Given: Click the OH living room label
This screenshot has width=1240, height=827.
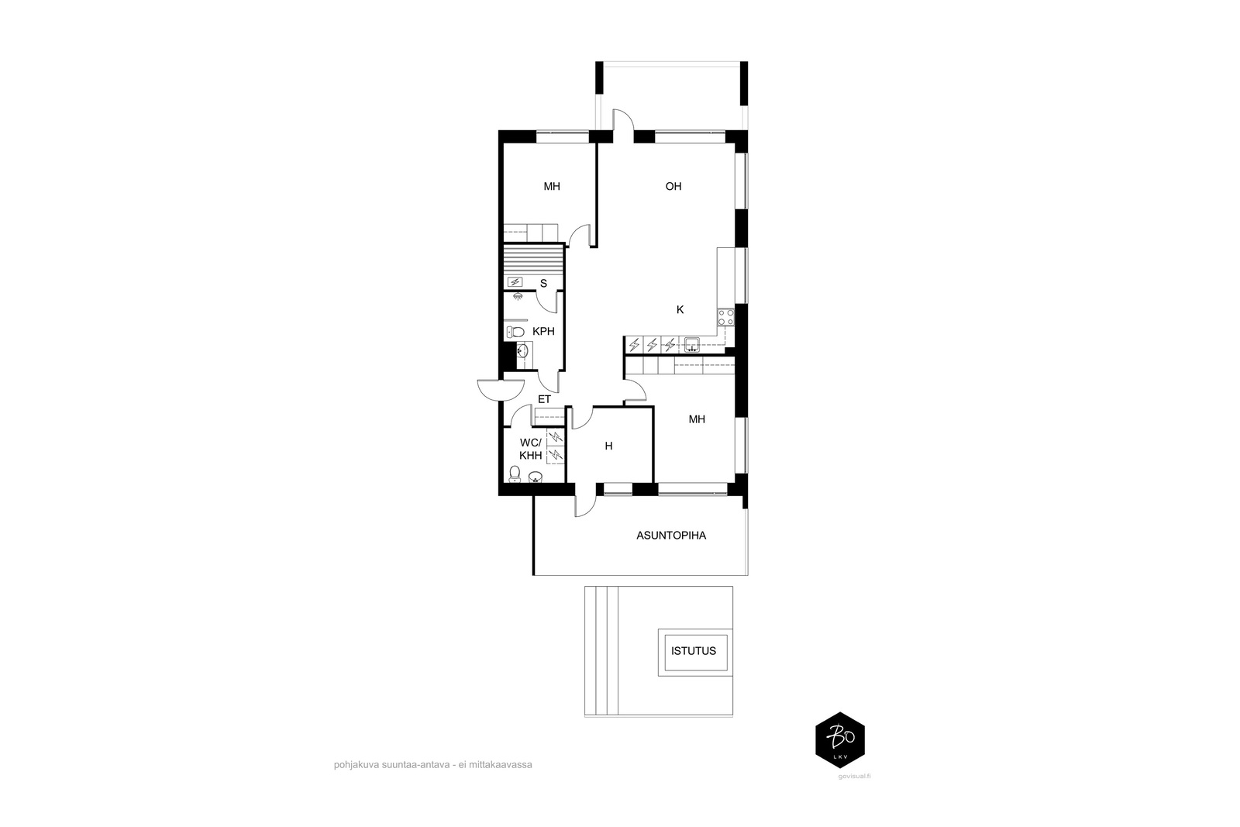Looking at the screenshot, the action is click(673, 187).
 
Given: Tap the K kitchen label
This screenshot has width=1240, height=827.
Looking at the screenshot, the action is click(680, 310).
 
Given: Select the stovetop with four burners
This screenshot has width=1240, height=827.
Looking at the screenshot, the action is click(725, 318).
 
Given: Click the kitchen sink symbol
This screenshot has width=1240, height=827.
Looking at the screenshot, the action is click(691, 345).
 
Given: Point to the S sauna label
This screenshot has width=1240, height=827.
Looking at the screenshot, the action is click(543, 284).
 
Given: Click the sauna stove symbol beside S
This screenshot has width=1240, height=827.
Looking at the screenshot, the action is click(515, 282).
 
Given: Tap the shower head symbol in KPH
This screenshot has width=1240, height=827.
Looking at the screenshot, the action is click(518, 296).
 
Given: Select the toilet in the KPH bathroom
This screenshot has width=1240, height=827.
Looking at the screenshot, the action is click(515, 333).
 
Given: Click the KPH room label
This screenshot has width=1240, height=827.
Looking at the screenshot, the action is click(543, 332).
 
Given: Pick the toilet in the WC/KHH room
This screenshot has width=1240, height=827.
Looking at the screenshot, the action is click(515, 474).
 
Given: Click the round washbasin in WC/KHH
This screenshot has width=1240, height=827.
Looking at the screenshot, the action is click(536, 477).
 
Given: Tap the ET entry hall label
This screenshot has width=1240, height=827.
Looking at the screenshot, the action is click(544, 399).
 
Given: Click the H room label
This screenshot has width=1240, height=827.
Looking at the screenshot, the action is click(608, 446).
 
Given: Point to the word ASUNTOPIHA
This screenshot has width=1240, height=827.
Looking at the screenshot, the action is click(671, 536).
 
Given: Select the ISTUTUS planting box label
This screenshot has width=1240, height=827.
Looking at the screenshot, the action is click(694, 651).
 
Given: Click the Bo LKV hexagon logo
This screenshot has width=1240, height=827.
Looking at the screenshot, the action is click(840, 740).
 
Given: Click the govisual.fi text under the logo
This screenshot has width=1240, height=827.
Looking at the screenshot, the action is click(854, 776).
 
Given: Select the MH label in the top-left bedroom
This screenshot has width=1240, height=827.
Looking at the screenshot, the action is click(552, 187).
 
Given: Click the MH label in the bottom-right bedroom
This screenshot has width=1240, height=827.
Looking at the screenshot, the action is click(697, 419).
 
